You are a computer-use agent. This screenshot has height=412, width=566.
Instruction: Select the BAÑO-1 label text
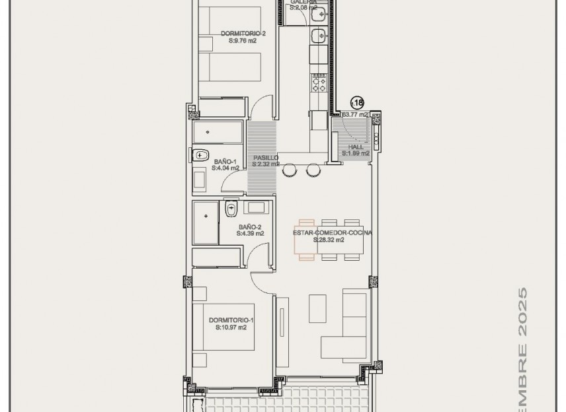pos(225,161)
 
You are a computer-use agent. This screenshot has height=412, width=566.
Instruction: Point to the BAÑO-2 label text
pos(251,226)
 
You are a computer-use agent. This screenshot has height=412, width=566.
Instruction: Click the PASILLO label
pos(265,158)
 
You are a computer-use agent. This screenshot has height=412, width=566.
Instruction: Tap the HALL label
pos(356,147)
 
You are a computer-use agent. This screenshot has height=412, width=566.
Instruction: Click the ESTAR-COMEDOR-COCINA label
pos(333,232)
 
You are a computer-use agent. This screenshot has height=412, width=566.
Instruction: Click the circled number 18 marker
pos(357,102)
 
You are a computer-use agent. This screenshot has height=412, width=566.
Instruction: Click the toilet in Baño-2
pos(231,210)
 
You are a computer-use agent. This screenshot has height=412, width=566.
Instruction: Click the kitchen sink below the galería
pos(317,31)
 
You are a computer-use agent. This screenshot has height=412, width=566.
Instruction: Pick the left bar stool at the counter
pos(290,171)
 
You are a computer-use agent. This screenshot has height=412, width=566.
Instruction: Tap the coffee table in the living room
pos(317,303)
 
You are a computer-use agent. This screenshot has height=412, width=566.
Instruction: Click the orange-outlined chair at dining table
pos(305,240)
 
